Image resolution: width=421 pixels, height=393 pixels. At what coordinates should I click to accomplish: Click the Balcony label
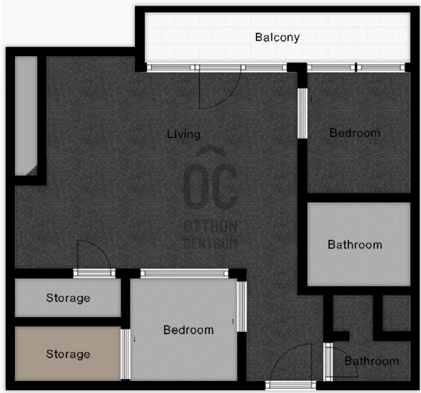pyautogui.click(x=277, y=37)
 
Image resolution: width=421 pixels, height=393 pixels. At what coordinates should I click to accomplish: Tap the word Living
pyautogui.click(x=184, y=134)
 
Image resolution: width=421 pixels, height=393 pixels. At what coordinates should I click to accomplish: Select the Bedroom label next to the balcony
pyautogui.click(x=355, y=133)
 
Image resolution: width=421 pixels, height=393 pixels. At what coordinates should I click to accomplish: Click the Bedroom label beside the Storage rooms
pyautogui.click(x=188, y=330)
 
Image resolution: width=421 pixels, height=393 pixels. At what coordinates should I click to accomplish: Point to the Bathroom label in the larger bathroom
pyautogui.click(x=355, y=244)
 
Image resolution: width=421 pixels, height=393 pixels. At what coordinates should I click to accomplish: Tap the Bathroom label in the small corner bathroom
pyautogui.click(x=372, y=361)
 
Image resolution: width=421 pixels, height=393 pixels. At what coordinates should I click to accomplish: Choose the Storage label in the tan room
pyautogui.click(x=68, y=354)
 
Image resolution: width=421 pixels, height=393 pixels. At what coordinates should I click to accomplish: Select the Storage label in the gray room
pyautogui.click(x=68, y=298)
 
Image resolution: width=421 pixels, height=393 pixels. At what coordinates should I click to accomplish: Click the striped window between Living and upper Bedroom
pyautogui.click(x=302, y=113)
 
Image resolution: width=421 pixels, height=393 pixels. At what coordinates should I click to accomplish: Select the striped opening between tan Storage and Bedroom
pyautogui.click(x=125, y=354)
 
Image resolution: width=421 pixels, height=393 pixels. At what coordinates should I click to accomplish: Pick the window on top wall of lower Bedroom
pyautogui.click(x=184, y=273)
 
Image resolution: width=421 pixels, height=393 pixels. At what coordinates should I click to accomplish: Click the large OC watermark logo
pyautogui.click(x=210, y=179)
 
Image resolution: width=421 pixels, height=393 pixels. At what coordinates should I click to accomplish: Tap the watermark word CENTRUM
pyautogui.click(x=210, y=243)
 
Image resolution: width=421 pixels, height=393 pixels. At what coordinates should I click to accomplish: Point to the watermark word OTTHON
pyautogui.click(x=210, y=227)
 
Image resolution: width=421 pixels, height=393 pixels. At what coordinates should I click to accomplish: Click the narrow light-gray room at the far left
pyautogui.click(x=26, y=115)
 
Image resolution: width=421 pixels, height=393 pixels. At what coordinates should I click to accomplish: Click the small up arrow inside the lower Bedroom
pyautogui.click(x=233, y=321)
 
